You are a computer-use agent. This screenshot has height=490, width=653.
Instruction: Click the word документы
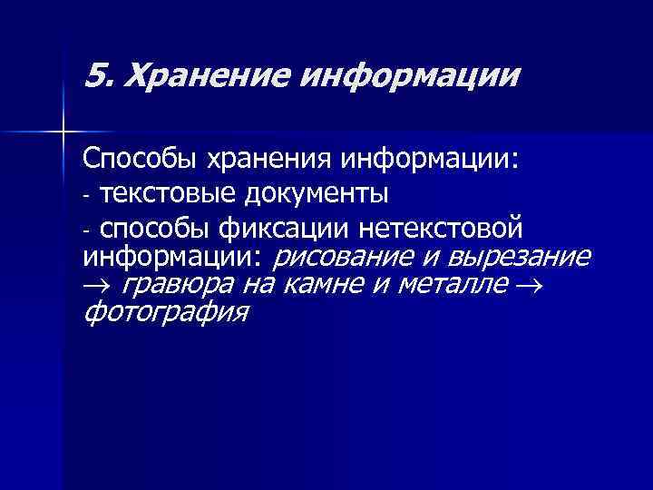[312, 193]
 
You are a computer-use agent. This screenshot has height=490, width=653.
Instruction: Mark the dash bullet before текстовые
[86, 195]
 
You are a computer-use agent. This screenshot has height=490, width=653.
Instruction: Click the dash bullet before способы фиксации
[86, 228]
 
